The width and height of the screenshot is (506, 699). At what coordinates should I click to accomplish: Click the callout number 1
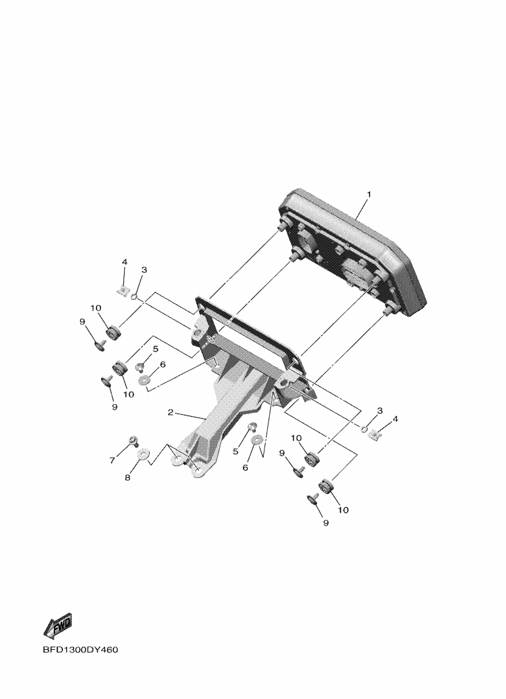tap(369, 194)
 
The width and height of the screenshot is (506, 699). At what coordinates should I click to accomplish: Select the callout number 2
tap(170, 412)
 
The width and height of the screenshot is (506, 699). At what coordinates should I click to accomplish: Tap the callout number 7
tap(112, 460)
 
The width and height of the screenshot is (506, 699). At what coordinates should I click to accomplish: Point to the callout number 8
tap(127, 478)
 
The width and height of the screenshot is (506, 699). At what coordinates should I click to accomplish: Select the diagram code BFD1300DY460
tap(81, 650)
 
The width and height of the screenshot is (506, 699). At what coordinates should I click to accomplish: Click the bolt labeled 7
tap(133, 441)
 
